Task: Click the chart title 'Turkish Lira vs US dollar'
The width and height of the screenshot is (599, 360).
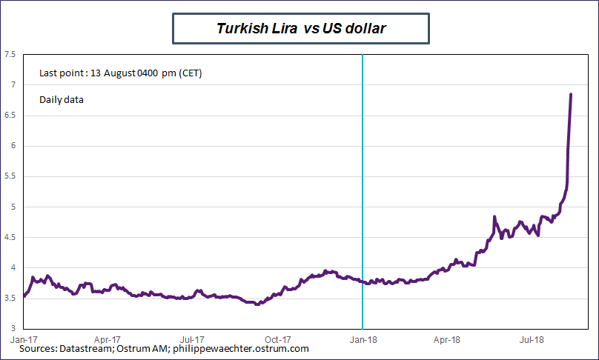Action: [x=301, y=29]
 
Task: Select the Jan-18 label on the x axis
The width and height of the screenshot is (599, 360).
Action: [x=363, y=339]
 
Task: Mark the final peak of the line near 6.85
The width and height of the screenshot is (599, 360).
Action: [x=570, y=95]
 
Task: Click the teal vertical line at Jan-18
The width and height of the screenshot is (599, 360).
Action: [x=362, y=185]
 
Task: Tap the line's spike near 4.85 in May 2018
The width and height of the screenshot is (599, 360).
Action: [x=494, y=216]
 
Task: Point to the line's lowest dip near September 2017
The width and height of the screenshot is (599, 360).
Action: [x=257, y=304]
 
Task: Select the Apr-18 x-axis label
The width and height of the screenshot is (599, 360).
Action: [x=446, y=339]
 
